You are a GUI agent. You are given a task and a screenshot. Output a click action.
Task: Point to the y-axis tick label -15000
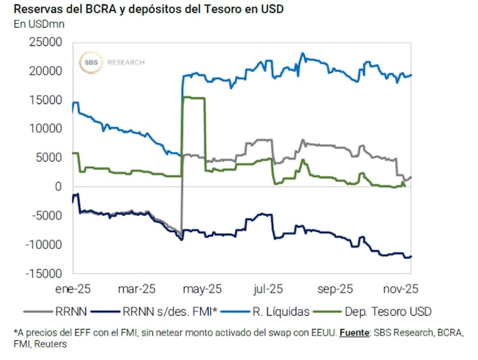pos(45,273)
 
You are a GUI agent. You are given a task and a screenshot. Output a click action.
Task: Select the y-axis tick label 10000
pos(47,129)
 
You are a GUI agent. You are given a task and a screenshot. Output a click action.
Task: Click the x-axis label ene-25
pos(73,288)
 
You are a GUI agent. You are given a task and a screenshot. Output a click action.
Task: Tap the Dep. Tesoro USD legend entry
pos(388,311)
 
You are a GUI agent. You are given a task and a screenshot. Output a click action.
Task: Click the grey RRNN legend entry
pos(71,311)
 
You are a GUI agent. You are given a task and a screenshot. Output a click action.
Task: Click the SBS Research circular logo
pos(93,62)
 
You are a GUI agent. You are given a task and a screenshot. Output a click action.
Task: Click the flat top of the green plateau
pos(194,97)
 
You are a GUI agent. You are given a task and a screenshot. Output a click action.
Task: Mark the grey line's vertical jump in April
pos(182,197)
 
